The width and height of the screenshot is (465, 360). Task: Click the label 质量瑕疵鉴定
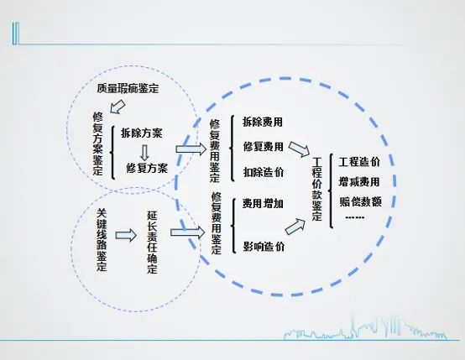point(128,88)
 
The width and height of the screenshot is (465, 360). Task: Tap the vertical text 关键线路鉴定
point(102,240)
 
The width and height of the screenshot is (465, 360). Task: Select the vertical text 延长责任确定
point(152,242)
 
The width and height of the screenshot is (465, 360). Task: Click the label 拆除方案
point(142,133)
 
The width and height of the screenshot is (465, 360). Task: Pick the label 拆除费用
point(263,122)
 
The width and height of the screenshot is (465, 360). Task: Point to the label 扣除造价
point(264,172)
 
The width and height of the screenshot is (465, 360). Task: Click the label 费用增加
point(263,203)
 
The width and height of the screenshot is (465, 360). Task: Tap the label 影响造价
point(264,247)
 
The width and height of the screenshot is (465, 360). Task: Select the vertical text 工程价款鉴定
point(317,189)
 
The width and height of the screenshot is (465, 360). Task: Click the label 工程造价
point(359,162)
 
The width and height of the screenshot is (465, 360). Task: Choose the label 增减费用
point(359,182)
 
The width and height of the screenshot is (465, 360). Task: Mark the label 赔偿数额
point(360,201)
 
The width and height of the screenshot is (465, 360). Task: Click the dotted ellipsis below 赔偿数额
point(355,217)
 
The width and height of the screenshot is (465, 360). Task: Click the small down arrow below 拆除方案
point(144,153)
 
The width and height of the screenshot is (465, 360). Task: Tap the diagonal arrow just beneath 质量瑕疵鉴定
point(118,107)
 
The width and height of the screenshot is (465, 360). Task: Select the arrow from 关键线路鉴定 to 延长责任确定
point(126,236)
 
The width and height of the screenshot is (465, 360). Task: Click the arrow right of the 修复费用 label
point(299,149)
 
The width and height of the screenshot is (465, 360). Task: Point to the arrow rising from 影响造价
point(295,227)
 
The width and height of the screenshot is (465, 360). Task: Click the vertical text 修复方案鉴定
point(98,143)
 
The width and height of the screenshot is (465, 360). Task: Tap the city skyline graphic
point(365,329)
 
